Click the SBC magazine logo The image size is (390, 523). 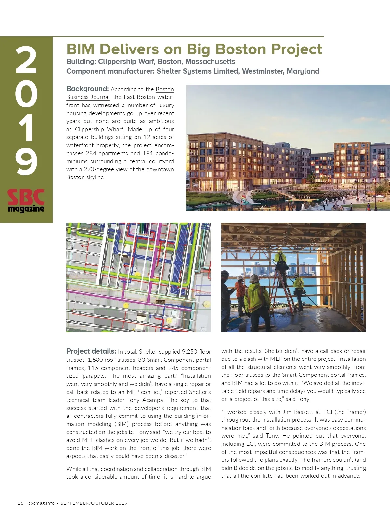26,201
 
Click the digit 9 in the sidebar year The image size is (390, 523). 26,162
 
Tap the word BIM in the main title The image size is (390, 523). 80,49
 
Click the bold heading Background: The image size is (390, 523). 87,89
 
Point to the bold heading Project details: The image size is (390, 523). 91,351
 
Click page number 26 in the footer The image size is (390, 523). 20,503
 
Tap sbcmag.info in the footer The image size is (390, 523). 41,503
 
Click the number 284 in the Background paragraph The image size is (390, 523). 91,153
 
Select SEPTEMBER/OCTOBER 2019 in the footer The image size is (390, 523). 94,503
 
